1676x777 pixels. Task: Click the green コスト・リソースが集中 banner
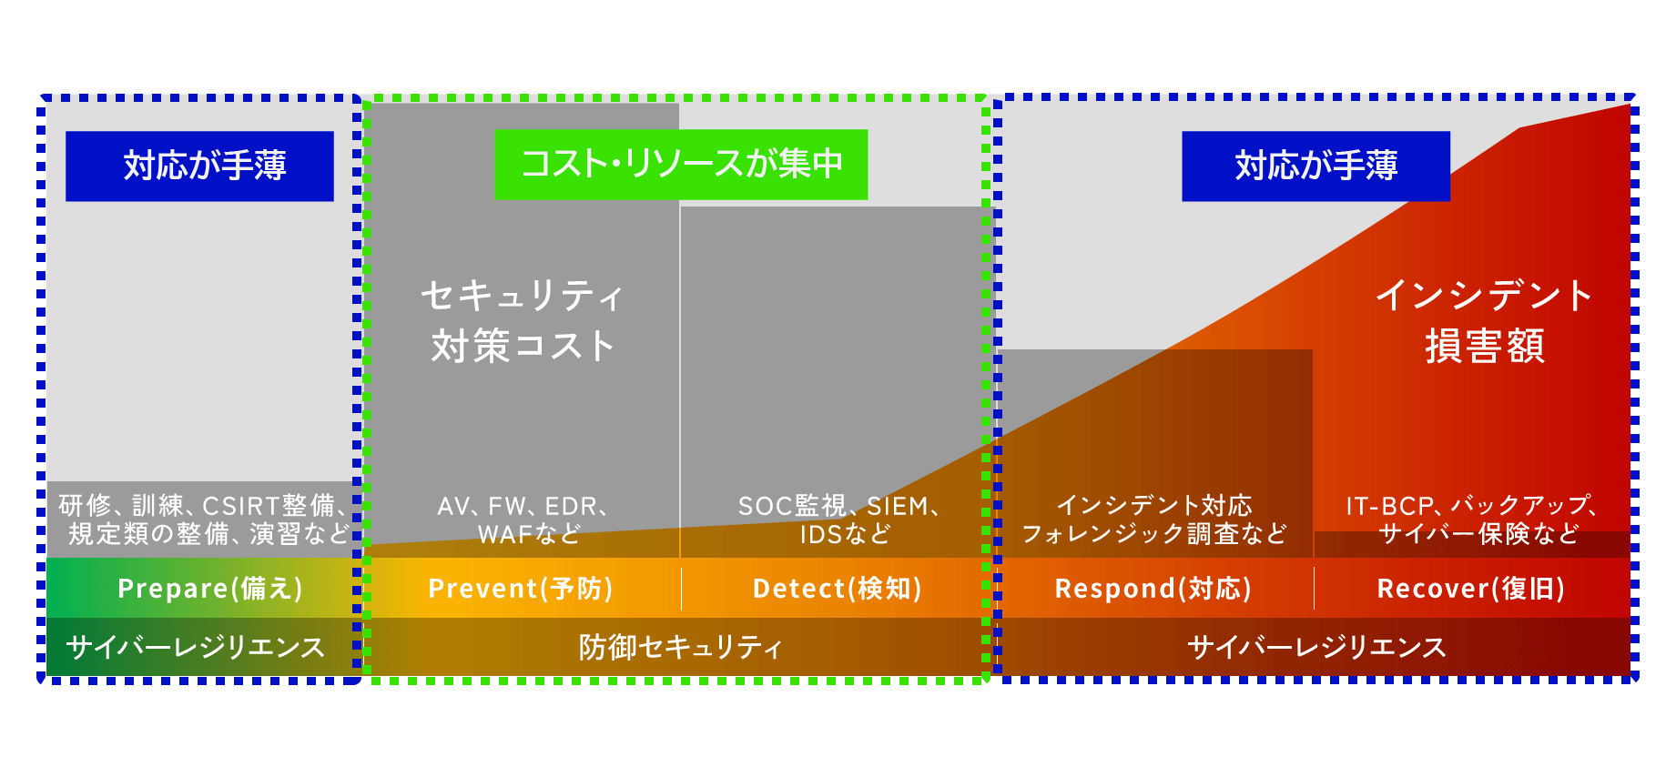tap(681, 165)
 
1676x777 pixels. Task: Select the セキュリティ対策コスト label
tap(523, 320)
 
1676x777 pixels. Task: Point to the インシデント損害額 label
tap(1484, 320)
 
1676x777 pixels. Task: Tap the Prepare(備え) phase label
tap(209, 589)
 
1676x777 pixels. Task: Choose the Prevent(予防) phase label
tap(520, 589)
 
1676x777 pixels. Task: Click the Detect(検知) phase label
tap(837, 589)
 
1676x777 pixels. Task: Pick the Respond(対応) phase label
tap(1153, 589)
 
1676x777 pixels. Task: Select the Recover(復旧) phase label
tap(1470, 589)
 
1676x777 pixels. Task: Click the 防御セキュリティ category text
tap(680, 647)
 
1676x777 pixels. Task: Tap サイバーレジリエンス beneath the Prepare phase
tap(195, 647)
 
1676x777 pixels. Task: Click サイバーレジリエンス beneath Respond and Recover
tap(1316, 647)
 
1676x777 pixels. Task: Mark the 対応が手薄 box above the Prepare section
tap(199, 166)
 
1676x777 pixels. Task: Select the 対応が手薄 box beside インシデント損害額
tap(1315, 166)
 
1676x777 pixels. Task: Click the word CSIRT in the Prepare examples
tap(240, 506)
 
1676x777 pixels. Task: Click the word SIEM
tap(898, 506)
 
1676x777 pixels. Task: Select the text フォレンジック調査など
tap(1154, 533)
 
